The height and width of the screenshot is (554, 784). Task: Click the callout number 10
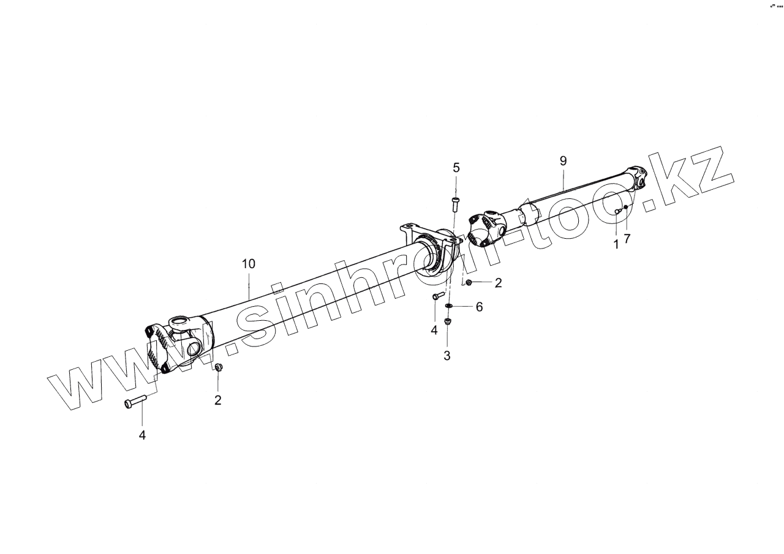[x=248, y=264]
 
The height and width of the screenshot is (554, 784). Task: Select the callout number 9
[x=563, y=161]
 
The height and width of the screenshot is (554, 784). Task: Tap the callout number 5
[x=456, y=167]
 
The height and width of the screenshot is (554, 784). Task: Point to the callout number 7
[x=627, y=239]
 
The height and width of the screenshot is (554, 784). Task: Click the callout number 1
[x=616, y=245]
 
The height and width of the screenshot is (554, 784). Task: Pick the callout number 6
[x=479, y=307]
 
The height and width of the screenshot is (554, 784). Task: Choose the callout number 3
[x=447, y=355]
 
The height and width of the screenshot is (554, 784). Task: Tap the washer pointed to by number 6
[x=449, y=306]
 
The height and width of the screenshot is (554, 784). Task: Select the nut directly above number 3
[x=447, y=321]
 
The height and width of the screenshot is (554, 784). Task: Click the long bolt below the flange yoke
[x=135, y=402]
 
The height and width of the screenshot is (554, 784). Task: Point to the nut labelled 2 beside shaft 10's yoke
[x=219, y=368]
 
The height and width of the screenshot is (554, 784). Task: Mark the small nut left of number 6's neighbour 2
[x=469, y=282]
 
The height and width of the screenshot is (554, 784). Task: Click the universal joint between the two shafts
[x=487, y=230]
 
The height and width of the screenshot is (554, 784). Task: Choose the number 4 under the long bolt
[x=142, y=435]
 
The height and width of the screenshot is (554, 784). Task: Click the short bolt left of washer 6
[x=437, y=296]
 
